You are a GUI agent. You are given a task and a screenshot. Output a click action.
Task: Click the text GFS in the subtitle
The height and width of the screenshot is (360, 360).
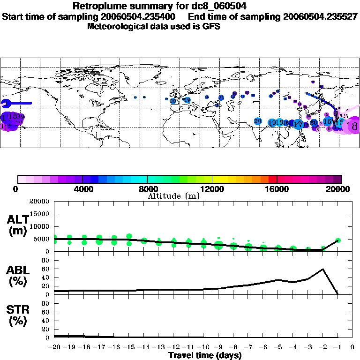211,26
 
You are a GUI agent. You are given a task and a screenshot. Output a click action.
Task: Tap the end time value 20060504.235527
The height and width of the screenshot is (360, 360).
321,17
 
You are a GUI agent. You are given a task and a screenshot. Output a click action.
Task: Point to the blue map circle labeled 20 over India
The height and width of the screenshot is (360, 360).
258,121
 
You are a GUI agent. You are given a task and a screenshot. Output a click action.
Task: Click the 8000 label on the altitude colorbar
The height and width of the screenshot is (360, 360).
147,190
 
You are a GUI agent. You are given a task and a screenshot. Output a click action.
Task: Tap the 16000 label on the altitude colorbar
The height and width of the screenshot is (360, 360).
277,190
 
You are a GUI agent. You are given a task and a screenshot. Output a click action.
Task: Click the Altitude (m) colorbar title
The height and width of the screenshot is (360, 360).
173,196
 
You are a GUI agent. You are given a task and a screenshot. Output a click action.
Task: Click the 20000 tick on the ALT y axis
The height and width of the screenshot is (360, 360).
39,202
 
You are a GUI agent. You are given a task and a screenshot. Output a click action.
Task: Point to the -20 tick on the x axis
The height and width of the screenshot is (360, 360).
54,347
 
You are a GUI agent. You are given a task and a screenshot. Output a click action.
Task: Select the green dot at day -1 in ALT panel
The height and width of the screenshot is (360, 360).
338,240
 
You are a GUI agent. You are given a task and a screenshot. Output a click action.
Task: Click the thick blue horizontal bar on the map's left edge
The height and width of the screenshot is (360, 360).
19,103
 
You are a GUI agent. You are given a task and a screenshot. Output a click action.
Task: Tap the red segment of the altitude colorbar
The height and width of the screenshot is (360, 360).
273,179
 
